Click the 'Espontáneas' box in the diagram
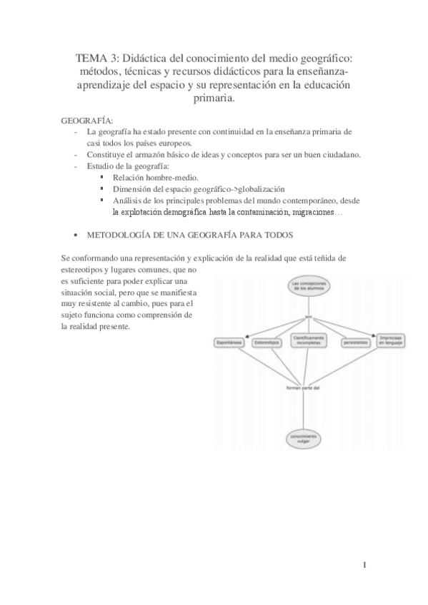[x=230, y=342]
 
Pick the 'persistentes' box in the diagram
[x=355, y=342]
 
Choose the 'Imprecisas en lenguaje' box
[x=392, y=340]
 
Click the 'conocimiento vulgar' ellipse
[x=305, y=438]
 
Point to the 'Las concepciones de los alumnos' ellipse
[x=309, y=288]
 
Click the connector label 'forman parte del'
[x=303, y=389]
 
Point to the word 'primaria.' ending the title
[x=214, y=100]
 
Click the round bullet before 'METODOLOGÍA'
[x=76, y=235]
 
